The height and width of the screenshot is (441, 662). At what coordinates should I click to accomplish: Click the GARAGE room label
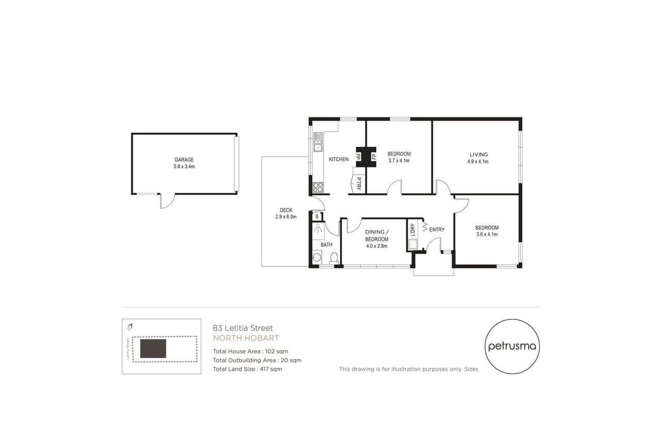[x=184, y=160]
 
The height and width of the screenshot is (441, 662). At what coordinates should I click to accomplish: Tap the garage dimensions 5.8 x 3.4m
[x=184, y=166]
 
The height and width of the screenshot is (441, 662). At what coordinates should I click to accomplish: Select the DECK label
[x=286, y=210]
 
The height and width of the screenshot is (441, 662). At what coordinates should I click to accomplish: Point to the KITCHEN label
[x=339, y=159]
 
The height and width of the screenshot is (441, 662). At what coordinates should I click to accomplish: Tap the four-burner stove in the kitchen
[x=318, y=187]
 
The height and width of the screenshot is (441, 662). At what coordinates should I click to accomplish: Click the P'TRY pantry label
[x=358, y=183]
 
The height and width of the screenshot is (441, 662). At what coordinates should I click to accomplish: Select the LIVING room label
[x=479, y=155]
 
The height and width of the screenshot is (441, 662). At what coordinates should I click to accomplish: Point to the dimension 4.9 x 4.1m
[x=478, y=162]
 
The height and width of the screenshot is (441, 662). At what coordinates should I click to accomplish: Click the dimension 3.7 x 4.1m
[x=399, y=161]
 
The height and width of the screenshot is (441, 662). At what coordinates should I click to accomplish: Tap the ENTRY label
[x=437, y=229]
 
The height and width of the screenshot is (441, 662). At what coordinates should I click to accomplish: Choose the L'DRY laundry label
[x=413, y=230]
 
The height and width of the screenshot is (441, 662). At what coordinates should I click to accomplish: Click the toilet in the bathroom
[x=334, y=258]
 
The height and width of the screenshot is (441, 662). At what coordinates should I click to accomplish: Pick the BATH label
[x=326, y=245]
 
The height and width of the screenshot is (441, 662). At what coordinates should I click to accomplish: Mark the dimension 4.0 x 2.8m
[x=377, y=246]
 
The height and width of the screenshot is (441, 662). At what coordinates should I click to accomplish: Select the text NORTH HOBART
[x=246, y=338]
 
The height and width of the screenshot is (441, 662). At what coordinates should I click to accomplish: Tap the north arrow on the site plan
[x=129, y=327]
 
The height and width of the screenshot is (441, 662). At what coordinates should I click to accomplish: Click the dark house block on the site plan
[x=153, y=349]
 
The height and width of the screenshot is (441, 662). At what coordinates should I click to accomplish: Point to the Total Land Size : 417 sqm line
[x=247, y=369]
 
